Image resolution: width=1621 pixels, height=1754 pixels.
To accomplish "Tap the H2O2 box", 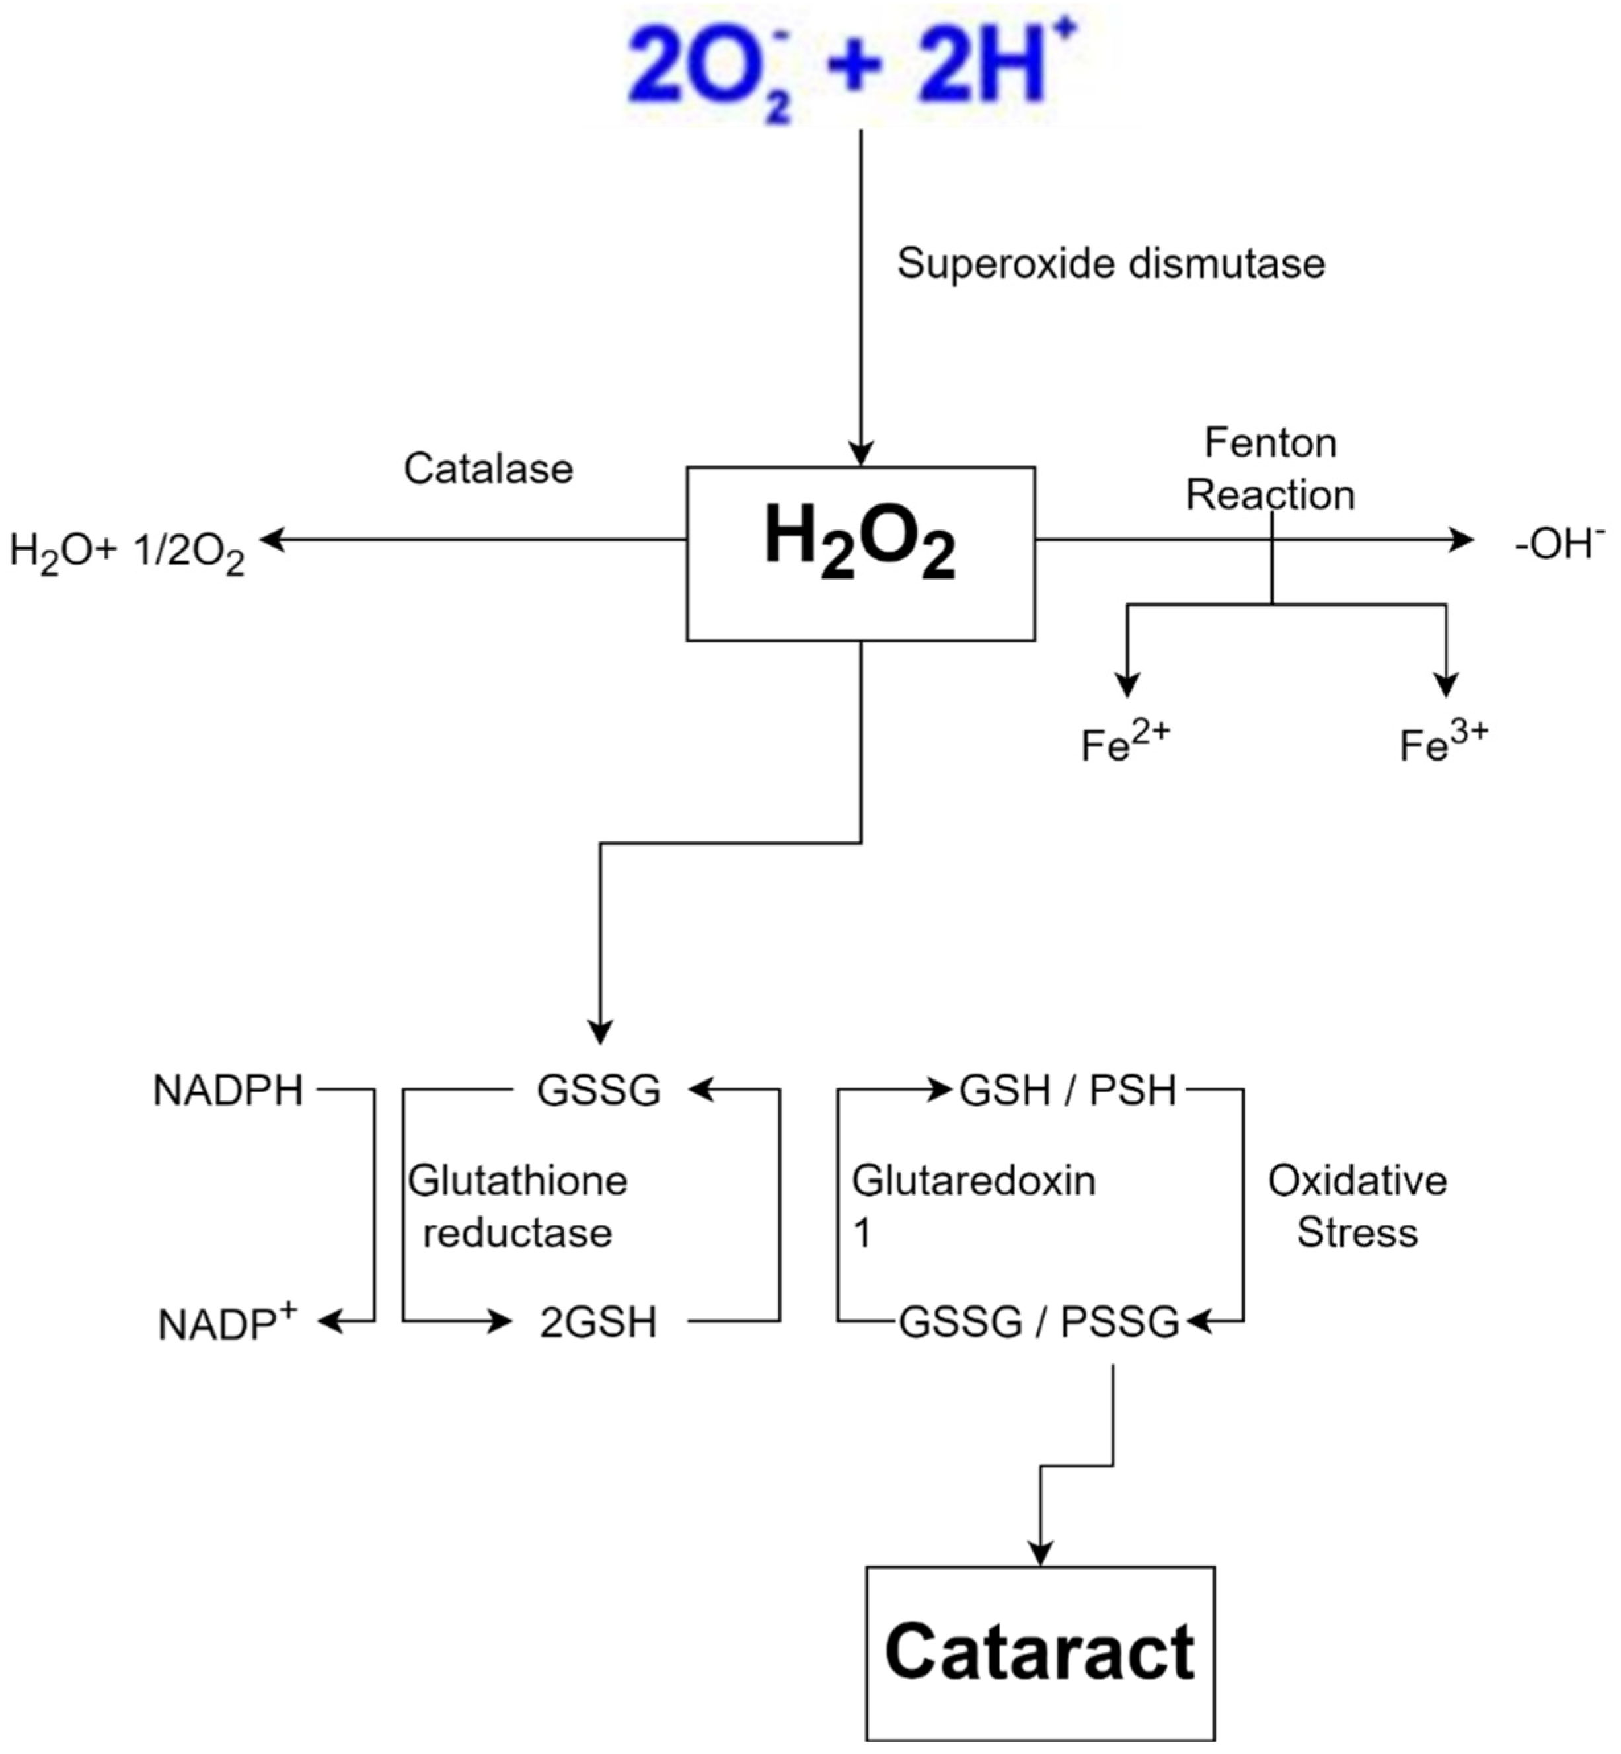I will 860,554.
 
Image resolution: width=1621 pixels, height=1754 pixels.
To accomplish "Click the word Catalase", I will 488,469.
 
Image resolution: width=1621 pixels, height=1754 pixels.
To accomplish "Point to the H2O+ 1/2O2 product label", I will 127,553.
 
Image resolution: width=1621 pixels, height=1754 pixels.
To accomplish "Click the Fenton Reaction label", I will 1270,469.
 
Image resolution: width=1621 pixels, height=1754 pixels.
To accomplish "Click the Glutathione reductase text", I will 517,1207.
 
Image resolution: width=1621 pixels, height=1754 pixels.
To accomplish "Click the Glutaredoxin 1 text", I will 973,1207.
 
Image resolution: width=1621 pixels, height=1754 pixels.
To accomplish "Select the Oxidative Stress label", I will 1357,1207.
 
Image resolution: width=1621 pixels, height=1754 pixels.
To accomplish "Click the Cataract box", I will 1040,1653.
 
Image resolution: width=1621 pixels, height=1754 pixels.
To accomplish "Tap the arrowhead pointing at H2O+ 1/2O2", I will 274,540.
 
